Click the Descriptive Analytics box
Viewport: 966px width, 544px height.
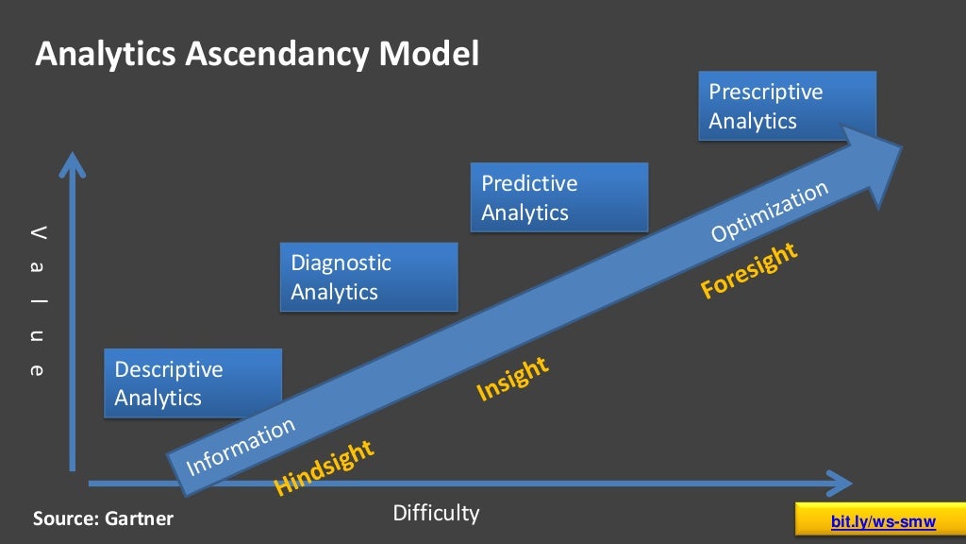(192, 383)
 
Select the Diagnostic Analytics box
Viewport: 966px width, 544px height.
(369, 277)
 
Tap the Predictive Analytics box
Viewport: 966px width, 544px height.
(558, 197)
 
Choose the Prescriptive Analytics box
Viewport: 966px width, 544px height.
(787, 106)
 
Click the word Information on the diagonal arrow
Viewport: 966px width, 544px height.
(241, 447)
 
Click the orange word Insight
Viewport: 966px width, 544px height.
(512, 379)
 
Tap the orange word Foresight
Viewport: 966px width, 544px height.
(749, 271)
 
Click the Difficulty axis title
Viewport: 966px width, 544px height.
(436, 514)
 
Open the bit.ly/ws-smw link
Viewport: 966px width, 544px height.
(883, 521)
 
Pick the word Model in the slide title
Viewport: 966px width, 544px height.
(429, 55)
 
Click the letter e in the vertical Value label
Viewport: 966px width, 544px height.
(36, 370)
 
